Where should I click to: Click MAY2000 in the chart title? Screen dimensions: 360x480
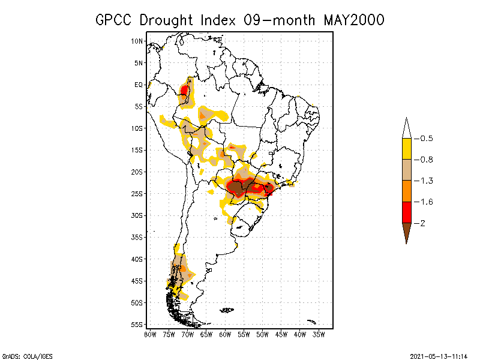353,20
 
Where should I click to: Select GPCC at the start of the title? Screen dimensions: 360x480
114,20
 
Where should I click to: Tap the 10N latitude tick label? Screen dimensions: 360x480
137,41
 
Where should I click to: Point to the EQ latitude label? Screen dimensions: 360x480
139,85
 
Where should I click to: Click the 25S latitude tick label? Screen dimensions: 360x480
137,193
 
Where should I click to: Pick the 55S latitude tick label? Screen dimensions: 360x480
137,324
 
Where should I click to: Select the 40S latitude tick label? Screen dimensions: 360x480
137,259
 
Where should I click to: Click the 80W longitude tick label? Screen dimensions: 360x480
150,334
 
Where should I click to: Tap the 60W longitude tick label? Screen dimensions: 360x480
225,334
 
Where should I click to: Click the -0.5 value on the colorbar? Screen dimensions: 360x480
426,139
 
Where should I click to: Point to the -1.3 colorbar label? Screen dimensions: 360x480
426,181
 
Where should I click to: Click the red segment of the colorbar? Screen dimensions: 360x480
406,212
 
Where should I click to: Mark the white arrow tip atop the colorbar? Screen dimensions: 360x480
406,127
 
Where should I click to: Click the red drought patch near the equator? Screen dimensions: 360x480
185,92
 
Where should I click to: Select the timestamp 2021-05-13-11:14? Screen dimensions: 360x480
438,356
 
